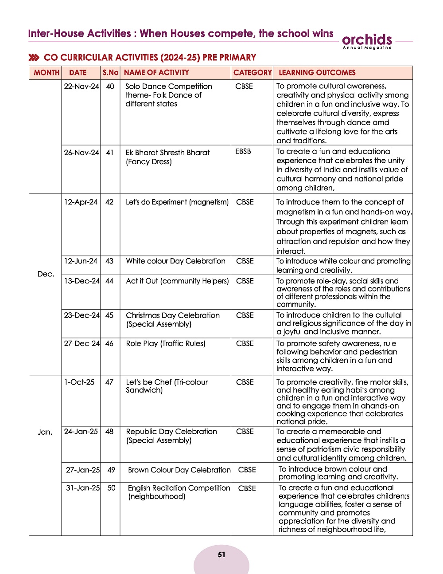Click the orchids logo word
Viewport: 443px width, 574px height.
[x=367, y=39]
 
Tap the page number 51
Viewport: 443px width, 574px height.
[x=221, y=554]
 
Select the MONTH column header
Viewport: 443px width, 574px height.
[x=47, y=73]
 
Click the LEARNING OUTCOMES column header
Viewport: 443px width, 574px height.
[x=317, y=73]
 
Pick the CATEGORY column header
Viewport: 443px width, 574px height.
[x=253, y=73]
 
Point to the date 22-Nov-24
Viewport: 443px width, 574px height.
[x=81, y=86]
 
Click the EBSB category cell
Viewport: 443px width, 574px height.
[x=243, y=152]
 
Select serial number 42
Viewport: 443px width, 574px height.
[x=109, y=202]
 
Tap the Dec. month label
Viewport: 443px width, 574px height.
[x=46, y=274]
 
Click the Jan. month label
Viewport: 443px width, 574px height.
[x=45, y=432]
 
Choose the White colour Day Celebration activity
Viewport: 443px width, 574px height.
[x=175, y=261]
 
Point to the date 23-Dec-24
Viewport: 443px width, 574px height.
[x=82, y=315]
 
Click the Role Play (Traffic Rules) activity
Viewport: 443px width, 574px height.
[x=166, y=343]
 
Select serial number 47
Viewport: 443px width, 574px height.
[x=109, y=382]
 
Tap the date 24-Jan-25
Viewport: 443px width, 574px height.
[x=81, y=432]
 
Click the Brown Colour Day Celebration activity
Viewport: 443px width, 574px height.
[x=179, y=470]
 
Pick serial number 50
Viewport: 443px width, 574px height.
[x=111, y=488]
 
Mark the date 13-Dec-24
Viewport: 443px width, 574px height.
[x=82, y=281]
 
